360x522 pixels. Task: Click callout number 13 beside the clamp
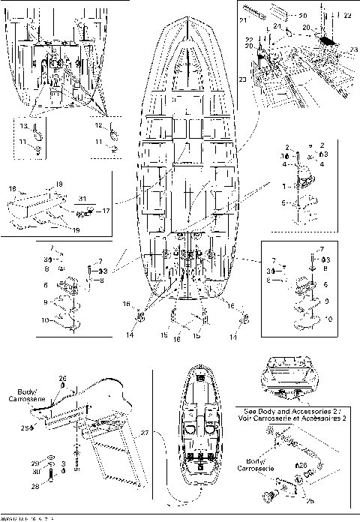[23, 127]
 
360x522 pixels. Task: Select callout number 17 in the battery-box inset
[106, 211]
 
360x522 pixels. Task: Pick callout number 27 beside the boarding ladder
[146, 433]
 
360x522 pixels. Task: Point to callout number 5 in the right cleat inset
[283, 203]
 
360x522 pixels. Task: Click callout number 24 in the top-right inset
[277, 26]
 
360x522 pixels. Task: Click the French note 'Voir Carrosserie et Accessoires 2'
[298, 418]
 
